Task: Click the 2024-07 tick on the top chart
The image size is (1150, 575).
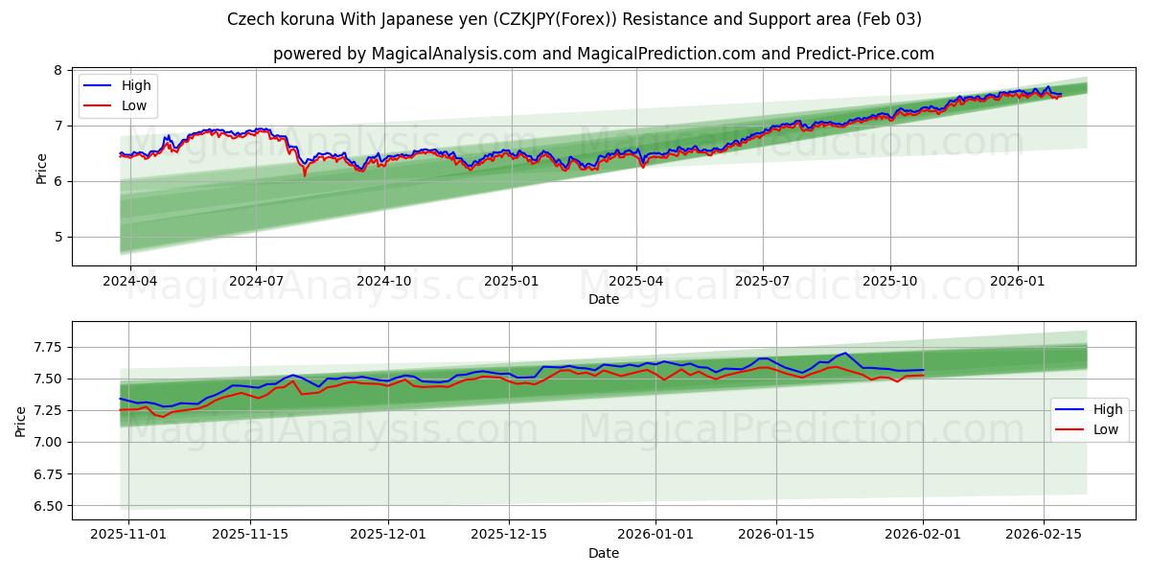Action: coord(256,282)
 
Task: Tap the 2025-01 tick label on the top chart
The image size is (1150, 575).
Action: coord(511,282)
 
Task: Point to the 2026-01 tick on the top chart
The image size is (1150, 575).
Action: coord(1017,282)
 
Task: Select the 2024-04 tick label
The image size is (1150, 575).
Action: coord(129,282)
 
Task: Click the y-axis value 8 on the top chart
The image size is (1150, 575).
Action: coord(57,70)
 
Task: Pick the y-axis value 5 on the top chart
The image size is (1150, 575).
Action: coord(57,237)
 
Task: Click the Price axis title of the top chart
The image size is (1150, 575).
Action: coord(41,168)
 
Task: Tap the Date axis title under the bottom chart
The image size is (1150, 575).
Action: coord(604,553)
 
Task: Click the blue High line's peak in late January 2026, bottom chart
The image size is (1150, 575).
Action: coord(843,353)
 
